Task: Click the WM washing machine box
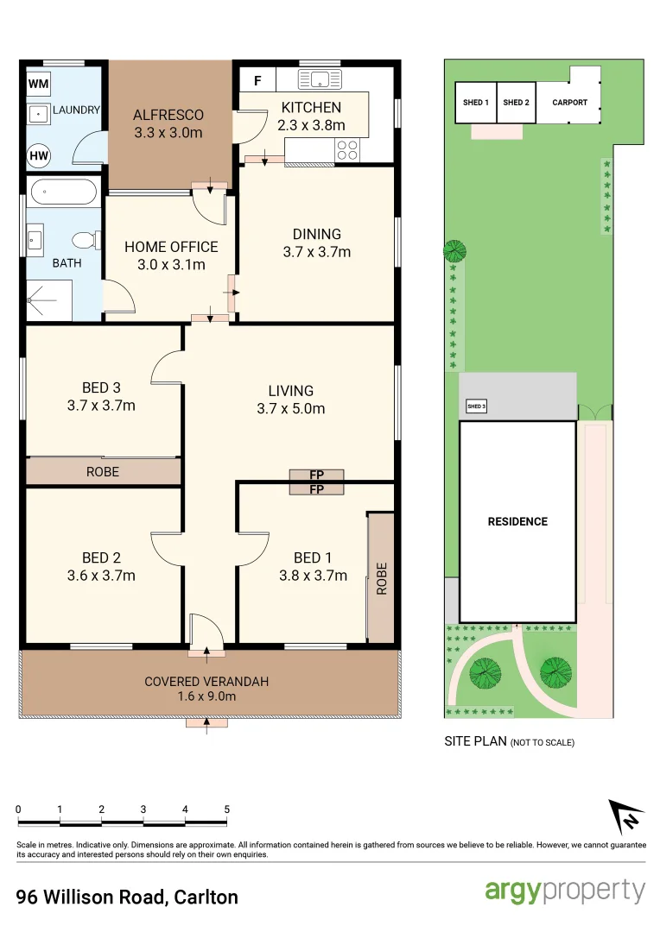click(x=38, y=84)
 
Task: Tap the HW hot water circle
click(x=39, y=155)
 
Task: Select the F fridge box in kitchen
click(x=257, y=82)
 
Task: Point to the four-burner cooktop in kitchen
click(x=347, y=151)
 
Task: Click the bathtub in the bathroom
click(x=62, y=192)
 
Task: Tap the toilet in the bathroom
click(x=82, y=240)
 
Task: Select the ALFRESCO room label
click(x=168, y=115)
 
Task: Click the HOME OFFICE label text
click(x=171, y=247)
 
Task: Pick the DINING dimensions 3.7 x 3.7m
click(x=317, y=252)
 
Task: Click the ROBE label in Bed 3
click(x=102, y=472)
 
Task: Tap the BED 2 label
click(x=101, y=557)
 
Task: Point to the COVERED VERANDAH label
click(x=206, y=682)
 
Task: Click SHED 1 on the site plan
click(x=476, y=103)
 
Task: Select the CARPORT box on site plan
click(x=569, y=103)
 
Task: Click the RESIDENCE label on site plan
click(x=517, y=521)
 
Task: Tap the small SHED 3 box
click(x=476, y=406)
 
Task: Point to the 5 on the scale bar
click(x=227, y=809)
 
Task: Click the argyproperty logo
click(x=565, y=891)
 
